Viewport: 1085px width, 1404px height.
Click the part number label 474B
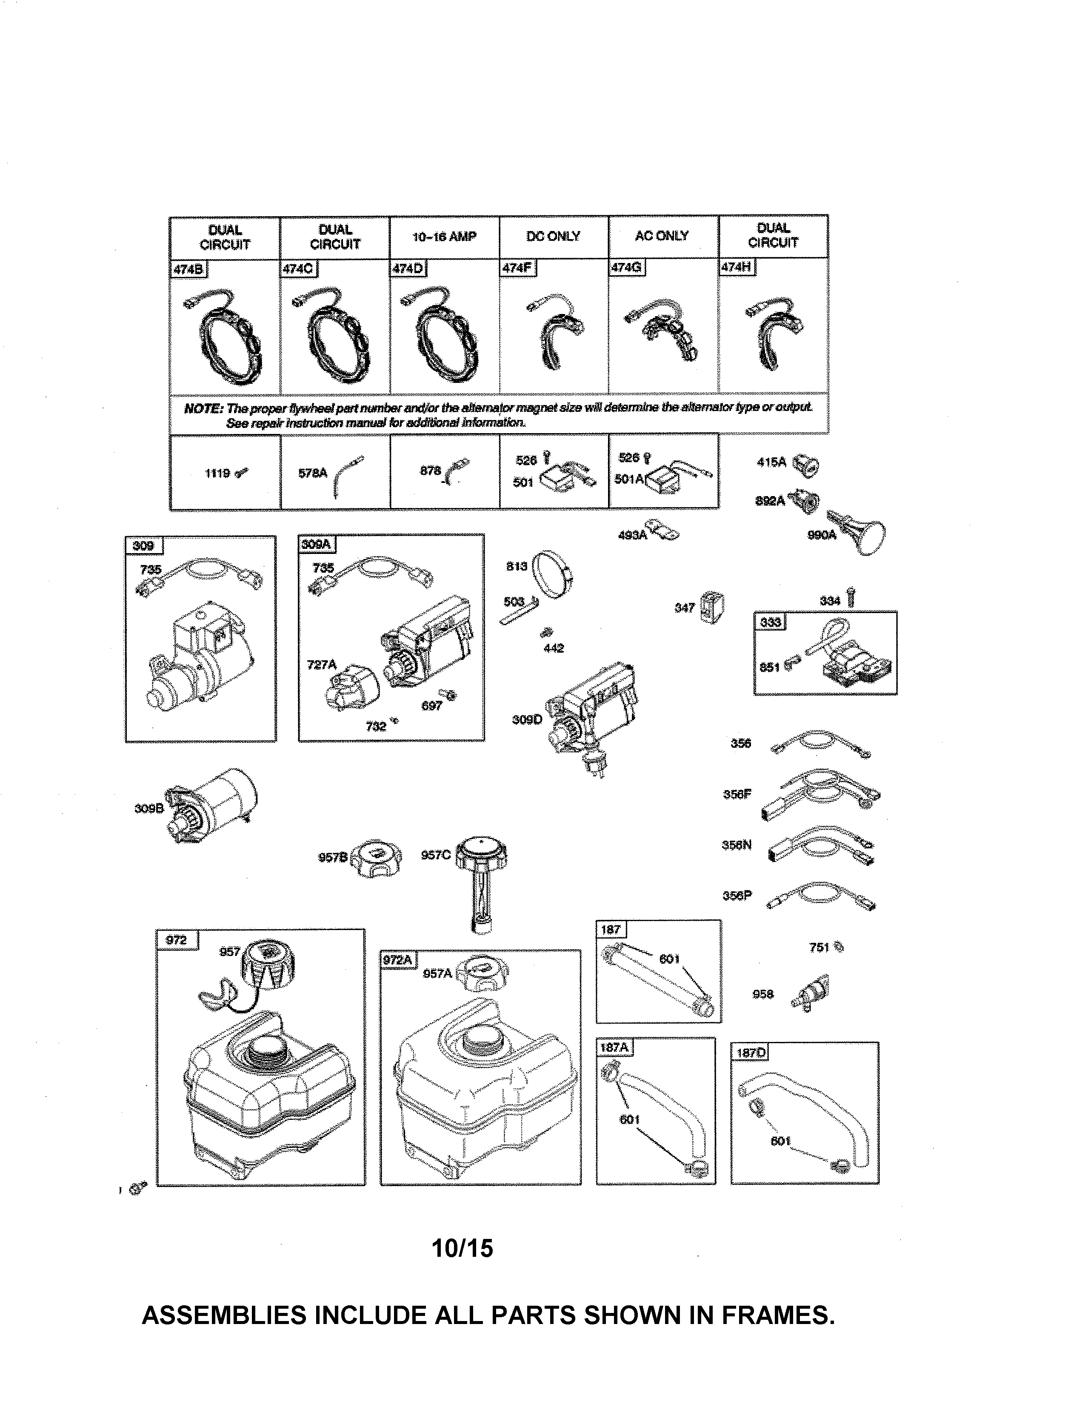188,269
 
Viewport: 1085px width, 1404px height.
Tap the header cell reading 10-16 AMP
444,237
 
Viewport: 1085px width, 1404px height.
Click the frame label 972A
398,960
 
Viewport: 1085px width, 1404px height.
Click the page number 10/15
462,1248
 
